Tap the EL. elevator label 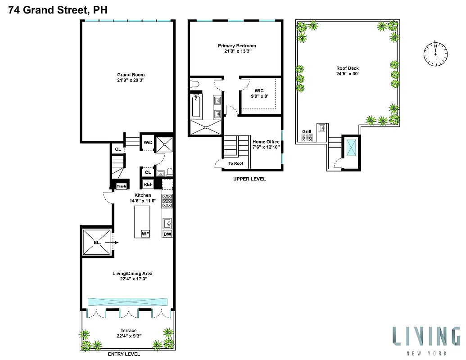(97, 242)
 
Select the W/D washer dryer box (148, 143)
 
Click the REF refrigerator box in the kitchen (148, 184)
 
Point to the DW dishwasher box (167, 234)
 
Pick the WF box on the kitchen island (145, 234)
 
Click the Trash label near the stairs (121, 186)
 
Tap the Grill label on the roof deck (307, 131)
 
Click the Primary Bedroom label (237, 46)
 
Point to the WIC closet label (259, 90)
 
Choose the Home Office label (266, 142)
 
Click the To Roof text (235, 163)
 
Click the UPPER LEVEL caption (249, 179)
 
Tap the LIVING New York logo (425, 340)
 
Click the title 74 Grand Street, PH (58, 9)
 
